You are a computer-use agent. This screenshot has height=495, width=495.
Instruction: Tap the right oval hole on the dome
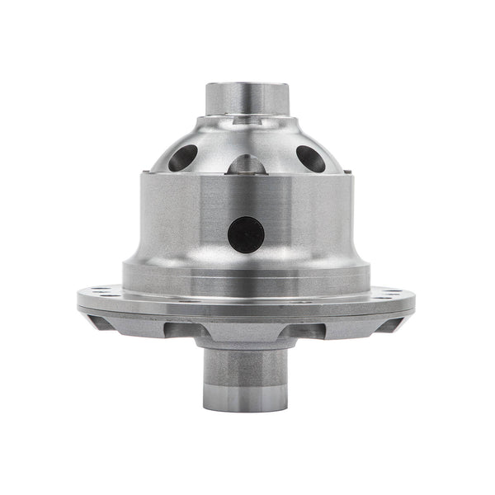(x=311, y=158)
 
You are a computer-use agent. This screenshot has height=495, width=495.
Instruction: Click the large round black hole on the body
(x=246, y=234)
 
